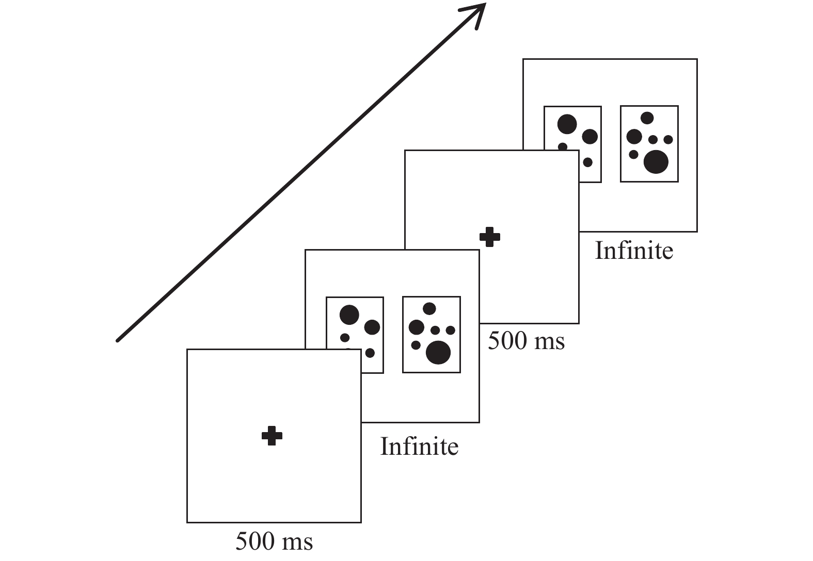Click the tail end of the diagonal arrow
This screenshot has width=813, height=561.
[118, 340]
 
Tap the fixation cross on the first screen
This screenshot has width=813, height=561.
[272, 436]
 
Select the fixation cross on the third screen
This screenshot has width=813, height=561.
[490, 237]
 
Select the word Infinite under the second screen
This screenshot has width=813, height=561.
[419, 447]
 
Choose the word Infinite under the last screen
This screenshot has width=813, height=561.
[634, 251]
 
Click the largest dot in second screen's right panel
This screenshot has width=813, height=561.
[438, 353]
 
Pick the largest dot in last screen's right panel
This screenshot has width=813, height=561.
[656, 161]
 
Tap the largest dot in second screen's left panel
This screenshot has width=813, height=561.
[349, 315]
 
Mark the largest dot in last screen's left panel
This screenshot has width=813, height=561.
[567, 124]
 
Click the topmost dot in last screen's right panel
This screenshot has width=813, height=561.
[647, 118]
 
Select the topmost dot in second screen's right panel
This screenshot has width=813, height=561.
[429, 309]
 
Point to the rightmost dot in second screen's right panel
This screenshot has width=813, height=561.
[451, 330]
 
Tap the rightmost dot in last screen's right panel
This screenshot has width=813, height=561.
[668, 139]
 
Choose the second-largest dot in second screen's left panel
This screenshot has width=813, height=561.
[372, 327]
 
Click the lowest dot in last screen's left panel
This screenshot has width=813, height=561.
[587, 162]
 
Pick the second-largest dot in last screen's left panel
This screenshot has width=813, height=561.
[590, 136]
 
